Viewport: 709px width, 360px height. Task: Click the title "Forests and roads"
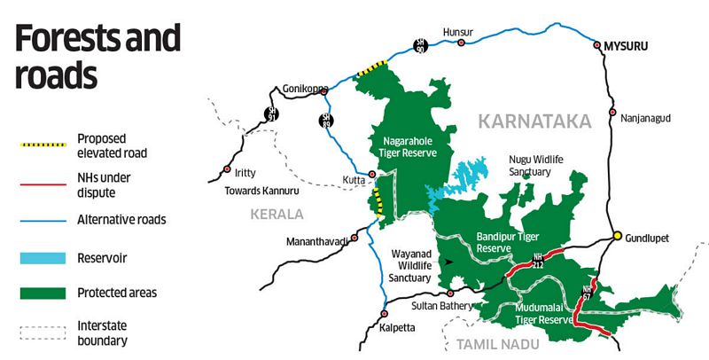[x=97, y=57]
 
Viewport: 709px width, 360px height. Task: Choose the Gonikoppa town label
[x=305, y=89]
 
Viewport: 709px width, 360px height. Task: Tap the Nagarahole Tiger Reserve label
[x=410, y=146]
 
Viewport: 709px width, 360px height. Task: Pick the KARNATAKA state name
[x=534, y=121]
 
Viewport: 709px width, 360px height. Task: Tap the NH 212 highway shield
[x=537, y=260]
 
